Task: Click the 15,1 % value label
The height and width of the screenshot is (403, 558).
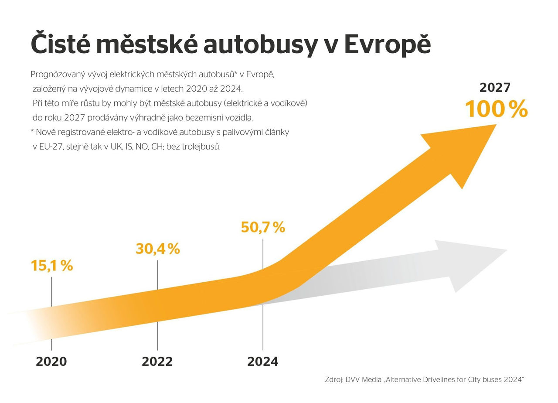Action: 51,266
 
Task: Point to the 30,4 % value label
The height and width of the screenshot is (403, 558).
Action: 157,249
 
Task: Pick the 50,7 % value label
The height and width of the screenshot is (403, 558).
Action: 263,227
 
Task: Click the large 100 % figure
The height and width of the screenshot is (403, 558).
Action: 496,109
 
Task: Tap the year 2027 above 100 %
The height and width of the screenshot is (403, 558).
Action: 495,88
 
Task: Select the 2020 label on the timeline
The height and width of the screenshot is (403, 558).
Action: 51,362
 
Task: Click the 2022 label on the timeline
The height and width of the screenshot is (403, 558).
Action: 157,362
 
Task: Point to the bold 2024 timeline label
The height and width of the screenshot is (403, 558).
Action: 263,362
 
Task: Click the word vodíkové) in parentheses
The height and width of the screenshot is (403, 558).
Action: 291,103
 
